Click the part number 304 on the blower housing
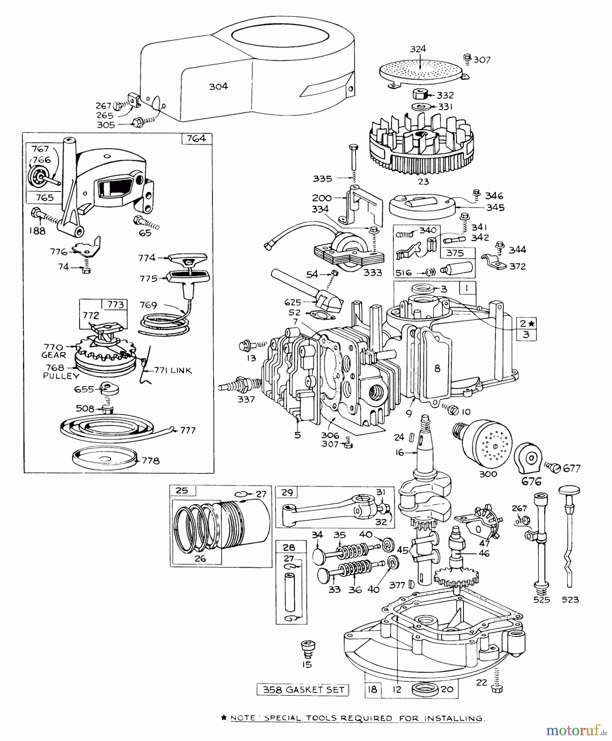(218, 86)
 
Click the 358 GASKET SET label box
(303, 690)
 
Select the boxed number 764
(196, 138)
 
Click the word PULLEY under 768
(61, 376)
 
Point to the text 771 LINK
(173, 370)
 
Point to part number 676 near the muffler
(531, 481)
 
